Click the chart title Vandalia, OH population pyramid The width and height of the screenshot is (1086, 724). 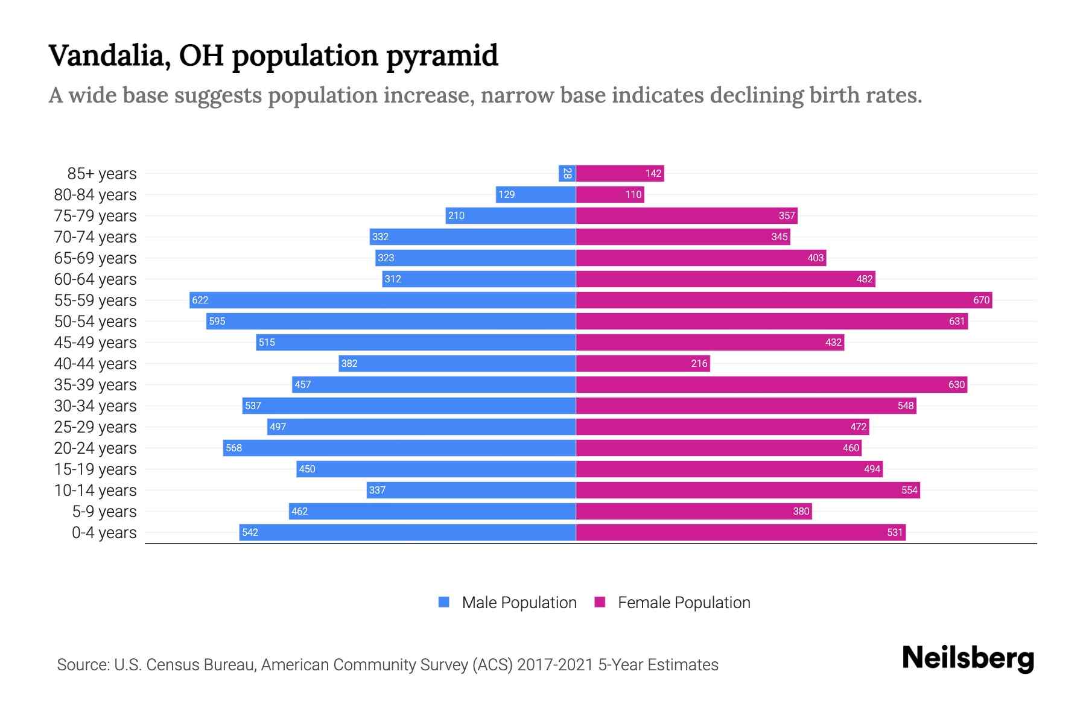point(273,56)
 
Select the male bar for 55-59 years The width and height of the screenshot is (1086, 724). point(383,300)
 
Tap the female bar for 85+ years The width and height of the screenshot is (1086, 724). point(620,173)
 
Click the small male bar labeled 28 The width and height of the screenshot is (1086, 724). point(567,173)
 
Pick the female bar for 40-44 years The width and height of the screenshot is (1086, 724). point(643,363)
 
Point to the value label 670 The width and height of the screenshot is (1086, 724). point(981,300)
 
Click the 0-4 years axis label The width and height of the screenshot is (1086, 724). point(104,533)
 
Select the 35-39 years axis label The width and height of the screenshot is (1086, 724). point(95,385)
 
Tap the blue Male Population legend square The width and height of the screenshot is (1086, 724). point(444,602)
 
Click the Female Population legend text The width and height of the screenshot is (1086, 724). point(684,603)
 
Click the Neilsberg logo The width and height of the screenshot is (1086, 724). point(968,658)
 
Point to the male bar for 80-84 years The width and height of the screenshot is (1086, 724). point(536,194)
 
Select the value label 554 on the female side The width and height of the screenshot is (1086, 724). point(909,490)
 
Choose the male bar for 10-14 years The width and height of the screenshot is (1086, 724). point(471,490)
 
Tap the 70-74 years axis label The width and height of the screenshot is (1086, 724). point(95,237)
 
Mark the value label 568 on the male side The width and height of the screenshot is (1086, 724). point(233,448)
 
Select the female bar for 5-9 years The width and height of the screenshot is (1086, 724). point(694,511)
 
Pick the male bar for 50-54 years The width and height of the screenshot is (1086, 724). point(391,321)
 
